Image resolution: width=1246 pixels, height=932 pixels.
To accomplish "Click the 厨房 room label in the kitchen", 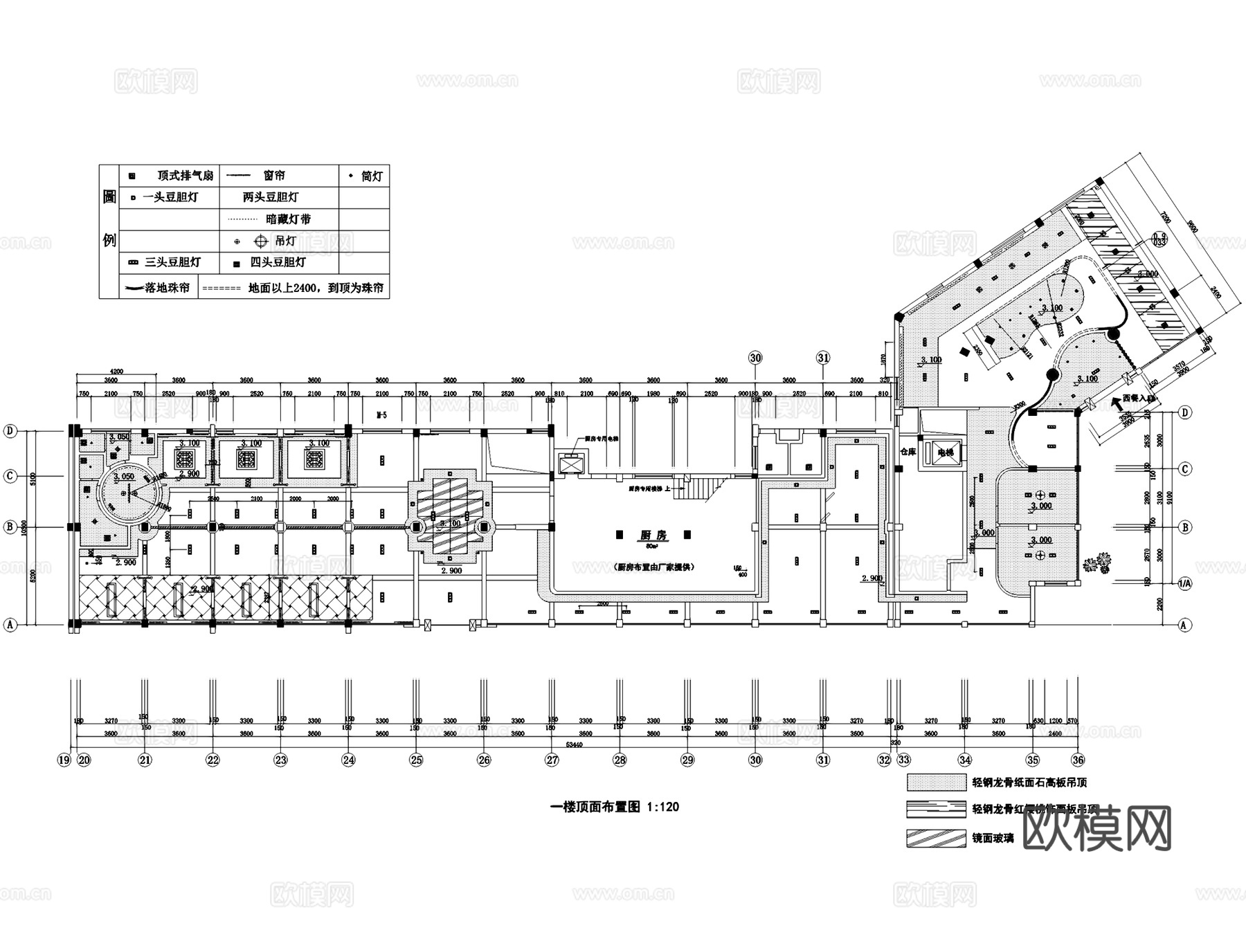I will [x=652, y=536].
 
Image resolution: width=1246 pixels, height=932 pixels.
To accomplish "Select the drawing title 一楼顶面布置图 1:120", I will [x=614, y=807].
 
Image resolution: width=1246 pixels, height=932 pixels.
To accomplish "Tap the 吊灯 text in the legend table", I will [x=285, y=241].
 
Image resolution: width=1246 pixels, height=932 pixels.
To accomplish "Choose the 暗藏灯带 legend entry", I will [x=288, y=219].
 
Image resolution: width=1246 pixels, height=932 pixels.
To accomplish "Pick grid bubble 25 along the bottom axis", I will [x=416, y=760].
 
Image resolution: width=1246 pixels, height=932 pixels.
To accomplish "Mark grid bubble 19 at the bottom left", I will [x=64, y=760].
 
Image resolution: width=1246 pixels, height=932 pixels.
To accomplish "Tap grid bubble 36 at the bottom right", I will [x=1077, y=760].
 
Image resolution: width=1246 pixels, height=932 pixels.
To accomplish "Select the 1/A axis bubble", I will [x=1185, y=584].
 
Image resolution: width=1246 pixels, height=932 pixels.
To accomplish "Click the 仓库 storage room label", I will [x=908, y=452].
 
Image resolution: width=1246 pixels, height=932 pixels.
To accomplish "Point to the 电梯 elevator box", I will [x=945, y=453].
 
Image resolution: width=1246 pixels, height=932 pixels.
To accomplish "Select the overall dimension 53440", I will [x=575, y=744].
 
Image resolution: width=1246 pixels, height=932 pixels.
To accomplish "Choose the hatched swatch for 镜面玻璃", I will [x=936, y=838].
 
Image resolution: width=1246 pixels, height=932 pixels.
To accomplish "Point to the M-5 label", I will [x=381, y=415].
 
